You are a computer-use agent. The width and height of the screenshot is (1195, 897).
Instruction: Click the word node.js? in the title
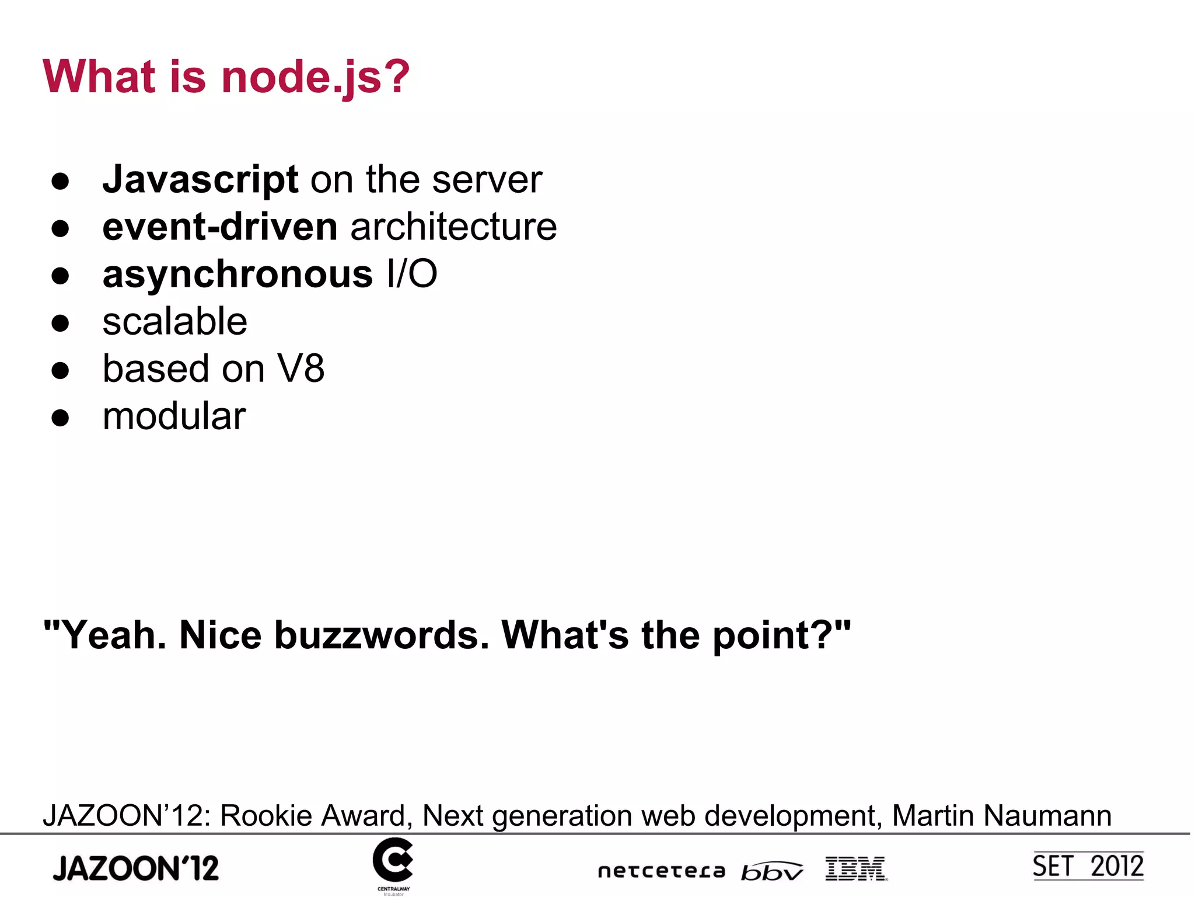click(x=315, y=77)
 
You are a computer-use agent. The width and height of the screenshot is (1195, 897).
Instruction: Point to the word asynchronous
click(x=237, y=274)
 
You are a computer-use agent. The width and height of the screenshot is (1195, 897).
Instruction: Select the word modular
click(x=174, y=416)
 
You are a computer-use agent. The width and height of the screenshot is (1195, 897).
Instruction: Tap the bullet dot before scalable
click(x=60, y=323)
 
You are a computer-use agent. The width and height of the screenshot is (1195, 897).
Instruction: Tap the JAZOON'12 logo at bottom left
click(x=135, y=868)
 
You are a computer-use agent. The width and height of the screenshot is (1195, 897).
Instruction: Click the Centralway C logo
click(x=393, y=861)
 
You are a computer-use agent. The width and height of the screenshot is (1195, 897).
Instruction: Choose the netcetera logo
click(x=661, y=871)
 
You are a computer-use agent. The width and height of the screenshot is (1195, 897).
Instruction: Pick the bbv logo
click(x=771, y=871)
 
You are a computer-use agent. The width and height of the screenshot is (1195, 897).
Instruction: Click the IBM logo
click(x=856, y=868)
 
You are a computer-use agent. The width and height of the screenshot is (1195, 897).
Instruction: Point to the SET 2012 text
click(x=1088, y=866)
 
